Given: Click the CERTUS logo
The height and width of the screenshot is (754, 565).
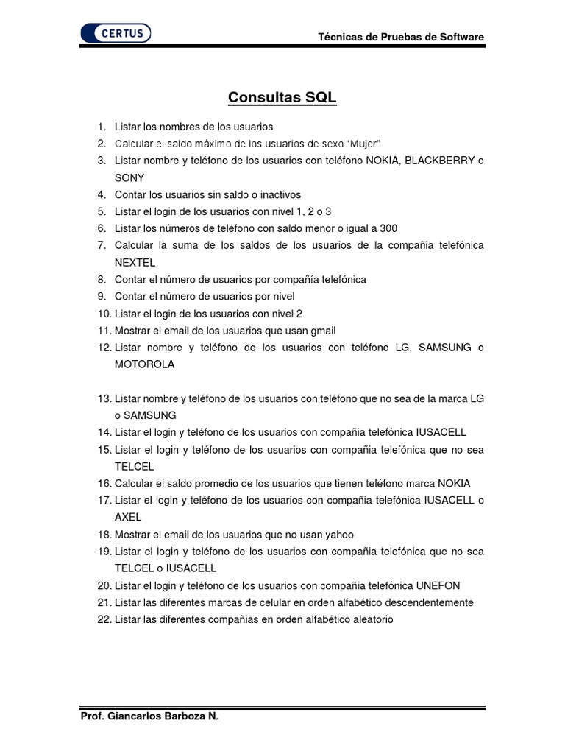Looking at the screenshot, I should pyautogui.click(x=116, y=33).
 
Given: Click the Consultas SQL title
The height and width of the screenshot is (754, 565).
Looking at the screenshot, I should pyautogui.click(x=282, y=98).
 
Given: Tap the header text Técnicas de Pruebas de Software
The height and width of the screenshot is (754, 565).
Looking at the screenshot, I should pyautogui.click(x=401, y=37).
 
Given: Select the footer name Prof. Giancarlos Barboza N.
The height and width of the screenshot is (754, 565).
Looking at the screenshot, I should pyautogui.click(x=149, y=716).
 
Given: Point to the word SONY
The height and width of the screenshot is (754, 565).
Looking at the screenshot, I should pyautogui.click(x=129, y=177).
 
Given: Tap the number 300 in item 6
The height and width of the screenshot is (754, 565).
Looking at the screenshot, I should pyautogui.click(x=388, y=228).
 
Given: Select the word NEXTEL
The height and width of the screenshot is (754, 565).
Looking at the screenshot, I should pyautogui.click(x=135, y=262).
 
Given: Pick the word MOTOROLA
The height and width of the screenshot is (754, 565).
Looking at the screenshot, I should pyautogui.click(x=145, y=364).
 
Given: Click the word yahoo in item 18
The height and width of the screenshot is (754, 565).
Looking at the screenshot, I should pyautogui.click(x=338, y=535).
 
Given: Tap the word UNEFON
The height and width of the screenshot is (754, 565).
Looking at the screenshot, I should pyautogui.click(x=438, y=585).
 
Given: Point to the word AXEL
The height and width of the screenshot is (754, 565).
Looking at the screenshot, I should pyautogui.click(x=128, y=518).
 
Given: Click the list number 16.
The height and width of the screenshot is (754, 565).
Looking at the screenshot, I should pyautogui.click(x=103, y=484).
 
